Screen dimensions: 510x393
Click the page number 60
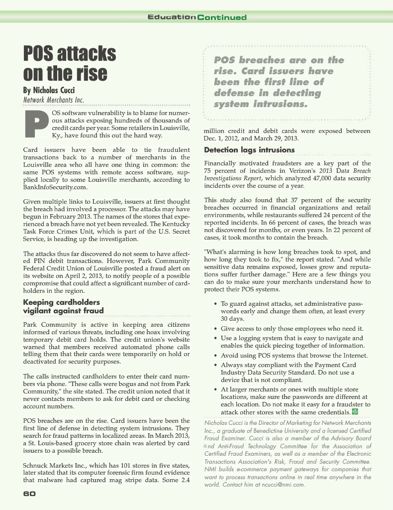[x=29, y=494]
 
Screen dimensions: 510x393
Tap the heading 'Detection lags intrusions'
[x=249, y=150]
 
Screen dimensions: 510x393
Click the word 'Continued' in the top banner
[x=221, y=17]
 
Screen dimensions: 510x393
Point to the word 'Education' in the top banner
[x=171, y=17]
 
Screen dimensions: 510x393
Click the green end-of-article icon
[x=355, y=411]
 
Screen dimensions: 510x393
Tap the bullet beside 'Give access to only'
[x=214, y=329]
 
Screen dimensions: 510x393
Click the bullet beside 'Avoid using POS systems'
[x=214, y=356]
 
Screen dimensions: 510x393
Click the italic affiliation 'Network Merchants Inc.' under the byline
[x=53, y=100]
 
